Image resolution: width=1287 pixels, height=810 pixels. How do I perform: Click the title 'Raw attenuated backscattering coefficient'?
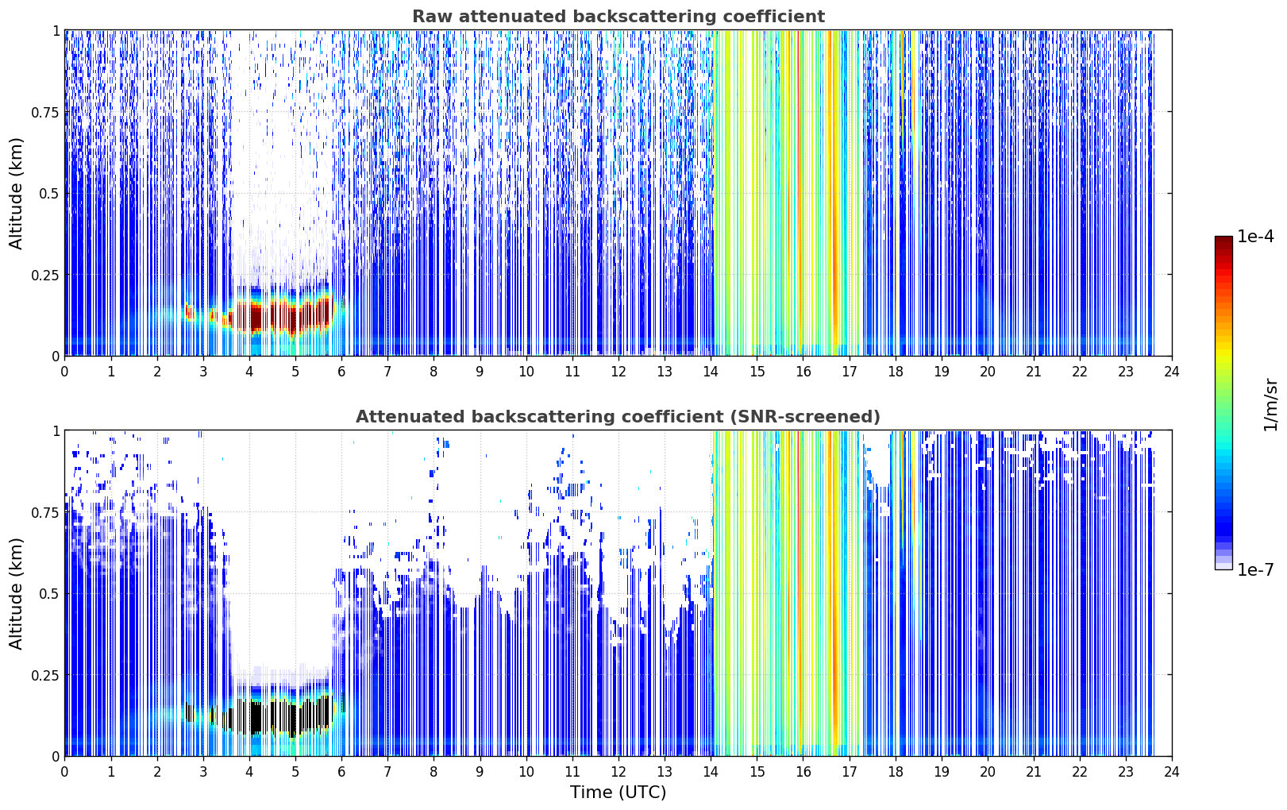tap(618, 16)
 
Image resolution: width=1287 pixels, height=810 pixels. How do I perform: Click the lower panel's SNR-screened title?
tap(618, 416)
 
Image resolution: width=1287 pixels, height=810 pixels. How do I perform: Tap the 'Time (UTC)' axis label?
tap(618, 793)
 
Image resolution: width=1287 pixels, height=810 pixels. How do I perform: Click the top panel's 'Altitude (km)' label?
tap(16, 194)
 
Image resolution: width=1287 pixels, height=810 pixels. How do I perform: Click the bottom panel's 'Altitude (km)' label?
tap(16, 593)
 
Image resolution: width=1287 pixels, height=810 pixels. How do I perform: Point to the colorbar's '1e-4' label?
tap(1255, 236)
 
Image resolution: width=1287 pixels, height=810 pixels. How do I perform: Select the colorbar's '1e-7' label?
tap(1255, 569)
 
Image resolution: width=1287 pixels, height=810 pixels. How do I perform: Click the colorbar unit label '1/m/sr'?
tap(1270, 404)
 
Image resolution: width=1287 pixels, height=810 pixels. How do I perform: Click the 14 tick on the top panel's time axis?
tap(711, 371)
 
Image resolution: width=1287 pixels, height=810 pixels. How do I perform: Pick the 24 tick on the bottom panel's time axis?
tap(1172, 772)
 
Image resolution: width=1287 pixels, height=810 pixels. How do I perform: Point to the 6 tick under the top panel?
tap(341, 371)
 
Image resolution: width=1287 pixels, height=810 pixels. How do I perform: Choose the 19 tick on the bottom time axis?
tap(941, 772)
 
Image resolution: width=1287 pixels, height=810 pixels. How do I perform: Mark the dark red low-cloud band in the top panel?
tap(270, 316)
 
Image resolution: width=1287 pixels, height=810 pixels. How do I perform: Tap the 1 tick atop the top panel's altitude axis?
tap(56, 31)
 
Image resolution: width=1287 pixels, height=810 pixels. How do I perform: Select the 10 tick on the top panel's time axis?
tap(526, 371)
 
